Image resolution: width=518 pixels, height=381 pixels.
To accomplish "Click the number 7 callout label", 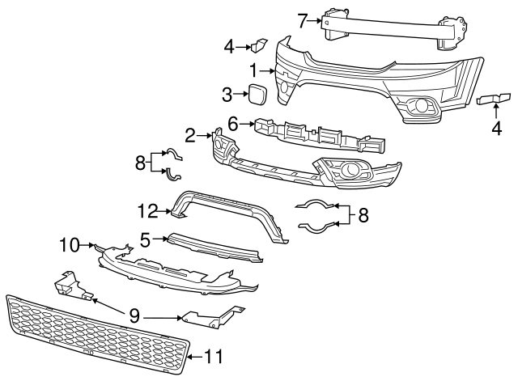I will [302, 20].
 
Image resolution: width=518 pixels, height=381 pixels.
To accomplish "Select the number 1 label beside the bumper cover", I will [253, 70].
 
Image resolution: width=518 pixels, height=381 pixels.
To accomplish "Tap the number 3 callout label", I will [227, 95].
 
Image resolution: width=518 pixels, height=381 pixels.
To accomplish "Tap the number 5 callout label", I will [145, 239].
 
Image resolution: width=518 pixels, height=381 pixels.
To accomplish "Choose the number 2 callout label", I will [190, 135].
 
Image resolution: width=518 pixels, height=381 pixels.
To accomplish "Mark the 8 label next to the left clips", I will [141, 163].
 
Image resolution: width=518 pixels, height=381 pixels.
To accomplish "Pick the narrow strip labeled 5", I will [214, 247].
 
